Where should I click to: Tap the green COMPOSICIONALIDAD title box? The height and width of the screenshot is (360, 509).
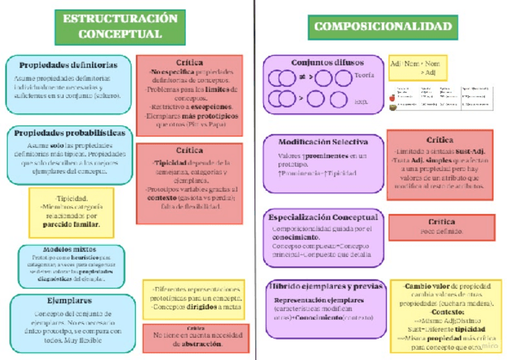point(382,26)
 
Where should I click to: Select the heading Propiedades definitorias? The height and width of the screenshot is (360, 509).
point(68,65)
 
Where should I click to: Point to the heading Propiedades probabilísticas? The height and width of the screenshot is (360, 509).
point(70,133)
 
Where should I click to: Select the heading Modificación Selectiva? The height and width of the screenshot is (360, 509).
point(323,142)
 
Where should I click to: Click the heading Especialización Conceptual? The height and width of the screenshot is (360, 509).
point(323,217)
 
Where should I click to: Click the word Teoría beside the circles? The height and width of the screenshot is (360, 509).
point(364,76)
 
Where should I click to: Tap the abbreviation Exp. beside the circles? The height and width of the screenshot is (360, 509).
point(361,101)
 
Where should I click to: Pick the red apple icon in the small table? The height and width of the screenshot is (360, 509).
point(393,97)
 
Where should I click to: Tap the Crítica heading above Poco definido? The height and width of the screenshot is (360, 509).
point(441,222)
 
